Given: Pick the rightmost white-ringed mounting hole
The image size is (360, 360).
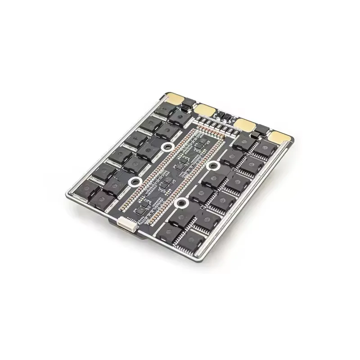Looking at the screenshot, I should click(x=213, y=166).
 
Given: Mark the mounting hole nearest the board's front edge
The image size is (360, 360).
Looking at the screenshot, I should click(x=181, y=203).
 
